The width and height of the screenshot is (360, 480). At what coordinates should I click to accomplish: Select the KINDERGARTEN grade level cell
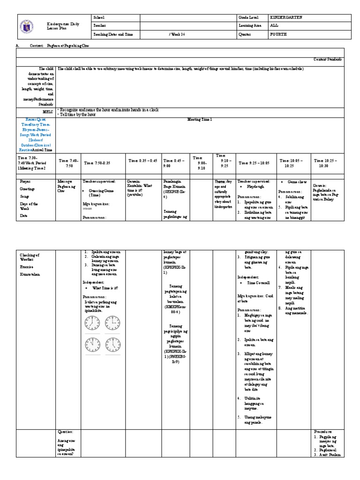pyautogui.click(x=286, y=17)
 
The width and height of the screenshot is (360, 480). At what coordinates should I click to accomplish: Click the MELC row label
pyautogui.click(x=47, y=112)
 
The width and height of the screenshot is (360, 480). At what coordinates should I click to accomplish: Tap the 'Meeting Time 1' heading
pyautogui.click(x=200, y=120)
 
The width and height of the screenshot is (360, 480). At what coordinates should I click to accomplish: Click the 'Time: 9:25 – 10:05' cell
pyautogui.click(x=255, y=163)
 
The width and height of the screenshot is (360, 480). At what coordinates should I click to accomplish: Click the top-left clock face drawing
pyautogui.click(x=92, y=323)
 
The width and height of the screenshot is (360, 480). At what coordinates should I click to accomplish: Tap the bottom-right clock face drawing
pyautogui.click(x=113, y=345)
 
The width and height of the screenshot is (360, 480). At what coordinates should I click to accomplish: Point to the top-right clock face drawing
pyautogui.click(x=113, y=323)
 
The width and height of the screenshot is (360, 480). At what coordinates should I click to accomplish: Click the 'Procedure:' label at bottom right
pyautogui.click(x=323, y=431)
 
